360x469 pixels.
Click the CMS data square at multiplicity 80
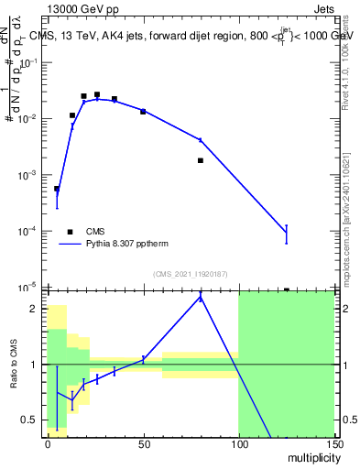pyautogui.click(x=200, y=160)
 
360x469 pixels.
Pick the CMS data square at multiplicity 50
pyautogui.click(x=143, y=111)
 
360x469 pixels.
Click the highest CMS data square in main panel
pyautogui.click(x=97, y=94)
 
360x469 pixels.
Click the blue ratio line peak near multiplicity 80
pyautogui.click(x=200, y=298)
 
